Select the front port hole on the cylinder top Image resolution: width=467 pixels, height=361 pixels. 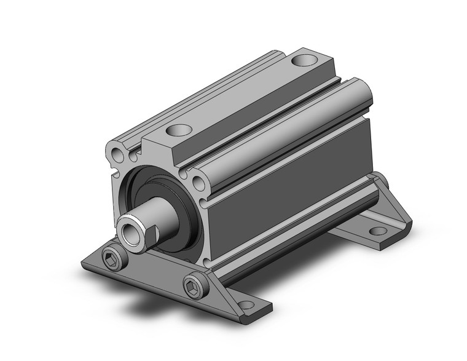pyautogui.click(x=179, y=130)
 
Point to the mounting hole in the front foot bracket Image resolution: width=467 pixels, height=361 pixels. pyautogui.click(x=246, y=304)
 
